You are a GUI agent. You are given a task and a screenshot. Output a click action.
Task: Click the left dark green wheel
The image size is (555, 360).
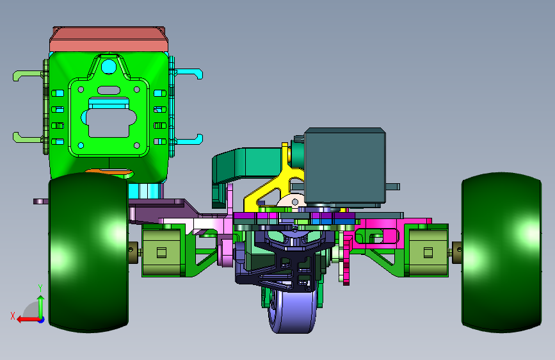click(x=88, y=252)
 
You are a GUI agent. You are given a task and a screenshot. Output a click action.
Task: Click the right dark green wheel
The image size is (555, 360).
click(x=502, y=252)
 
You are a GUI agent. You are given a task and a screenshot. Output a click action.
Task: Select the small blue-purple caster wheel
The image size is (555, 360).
click(x=293, y=311)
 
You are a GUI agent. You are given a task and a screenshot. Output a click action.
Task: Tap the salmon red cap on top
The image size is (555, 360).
click(x=109, y=39)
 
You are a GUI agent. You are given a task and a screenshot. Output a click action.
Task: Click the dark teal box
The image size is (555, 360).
click(x=345, y=167)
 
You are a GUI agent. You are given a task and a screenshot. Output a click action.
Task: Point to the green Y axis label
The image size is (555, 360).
click(x=40, y=288)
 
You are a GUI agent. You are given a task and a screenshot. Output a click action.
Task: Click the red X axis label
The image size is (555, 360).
click(x=13, y=316)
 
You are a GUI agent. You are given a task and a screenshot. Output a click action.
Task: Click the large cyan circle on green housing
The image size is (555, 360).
click(x=109, y=67)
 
